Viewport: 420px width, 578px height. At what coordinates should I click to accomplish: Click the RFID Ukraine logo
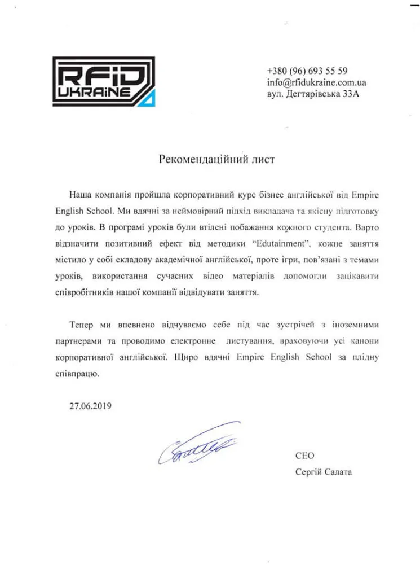[103, 81]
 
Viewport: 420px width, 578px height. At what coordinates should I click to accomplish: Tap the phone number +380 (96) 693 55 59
[307, 71]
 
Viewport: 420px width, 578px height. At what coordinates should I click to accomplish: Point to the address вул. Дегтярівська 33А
[312, 94]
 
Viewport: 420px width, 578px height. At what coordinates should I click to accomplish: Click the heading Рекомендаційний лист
[216, 160]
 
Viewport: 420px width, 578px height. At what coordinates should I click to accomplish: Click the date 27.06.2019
[91, 405]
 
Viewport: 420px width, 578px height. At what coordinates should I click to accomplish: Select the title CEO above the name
[304, 456]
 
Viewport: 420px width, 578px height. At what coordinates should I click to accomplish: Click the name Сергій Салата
[323, 471]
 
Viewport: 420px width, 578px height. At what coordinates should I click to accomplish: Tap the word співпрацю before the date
[78, 374]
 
